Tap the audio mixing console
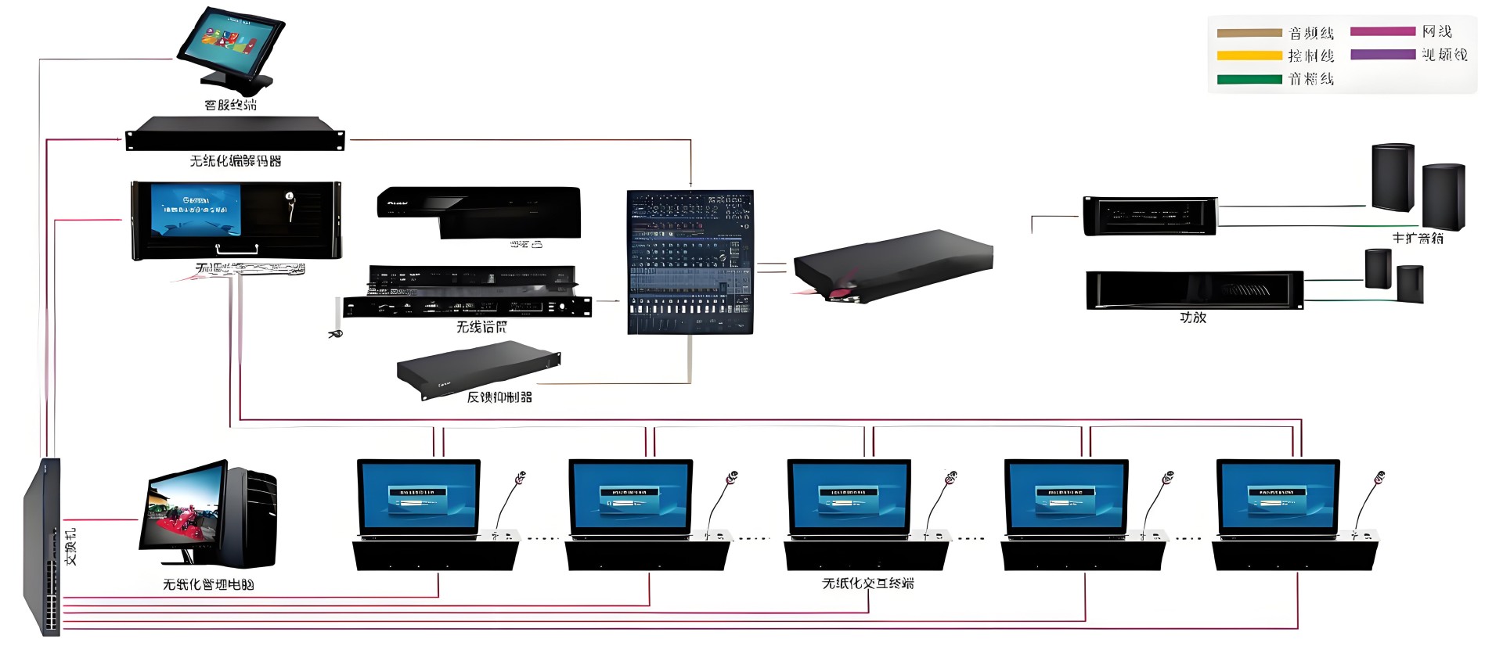click(x=690, y=262)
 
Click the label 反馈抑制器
click(x=499, y=397)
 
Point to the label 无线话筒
click(x=481, y=327)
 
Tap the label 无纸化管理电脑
click(x=208, y=584)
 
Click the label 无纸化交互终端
click(x=868, y=584)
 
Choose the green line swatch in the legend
click(x=1249, y=79)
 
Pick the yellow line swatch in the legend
click(x=1249, y=56)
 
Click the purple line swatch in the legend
click(x=1382, y=55)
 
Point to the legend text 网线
click(x=1437, y=32)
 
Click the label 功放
click(x=1193, y=318)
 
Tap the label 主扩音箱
click(x=1417, y=239)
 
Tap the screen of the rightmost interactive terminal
click(x=1278, y=497)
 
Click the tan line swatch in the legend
click(x=1249, y=33)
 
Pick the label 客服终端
click(x=230, y=105)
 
